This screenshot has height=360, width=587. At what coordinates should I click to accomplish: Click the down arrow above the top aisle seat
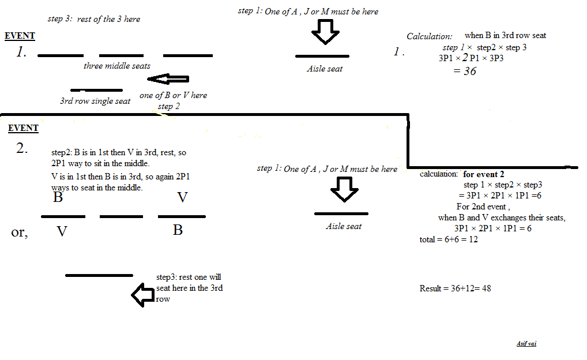coord(326,32)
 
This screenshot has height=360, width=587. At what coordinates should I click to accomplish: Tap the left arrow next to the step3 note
coord(142,295)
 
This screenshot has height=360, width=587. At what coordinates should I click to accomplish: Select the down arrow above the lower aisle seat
coord(345,189)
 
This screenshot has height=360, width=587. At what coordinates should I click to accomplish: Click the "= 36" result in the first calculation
coord(465,71)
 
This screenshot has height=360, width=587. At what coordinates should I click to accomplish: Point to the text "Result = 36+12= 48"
coord(455,288)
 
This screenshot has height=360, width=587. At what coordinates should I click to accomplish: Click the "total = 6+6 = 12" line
coord(449,239)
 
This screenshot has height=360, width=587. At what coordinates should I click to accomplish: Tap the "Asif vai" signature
coord(526,344)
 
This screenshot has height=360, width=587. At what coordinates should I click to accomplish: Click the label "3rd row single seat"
coord(95,101)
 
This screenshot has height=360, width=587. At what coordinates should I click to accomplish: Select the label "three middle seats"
coord(117,66)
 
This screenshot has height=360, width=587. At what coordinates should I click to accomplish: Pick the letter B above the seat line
coord(58,198)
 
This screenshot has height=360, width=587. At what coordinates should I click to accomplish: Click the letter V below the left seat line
coord(62,232)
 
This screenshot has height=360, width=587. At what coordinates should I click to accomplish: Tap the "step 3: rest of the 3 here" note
coord(93,19)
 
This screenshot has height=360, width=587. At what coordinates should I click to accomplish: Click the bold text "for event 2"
coord(486,174)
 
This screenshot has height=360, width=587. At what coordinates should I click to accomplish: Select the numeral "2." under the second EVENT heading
coord(22,148)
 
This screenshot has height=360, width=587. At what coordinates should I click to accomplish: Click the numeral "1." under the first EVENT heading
coord(21,52)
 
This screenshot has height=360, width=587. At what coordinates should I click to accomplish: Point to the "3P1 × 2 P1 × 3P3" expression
coord(471,58)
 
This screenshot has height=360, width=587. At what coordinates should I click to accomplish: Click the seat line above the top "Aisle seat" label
coord(322,56)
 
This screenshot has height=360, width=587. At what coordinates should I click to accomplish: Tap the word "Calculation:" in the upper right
coord(430,36)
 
